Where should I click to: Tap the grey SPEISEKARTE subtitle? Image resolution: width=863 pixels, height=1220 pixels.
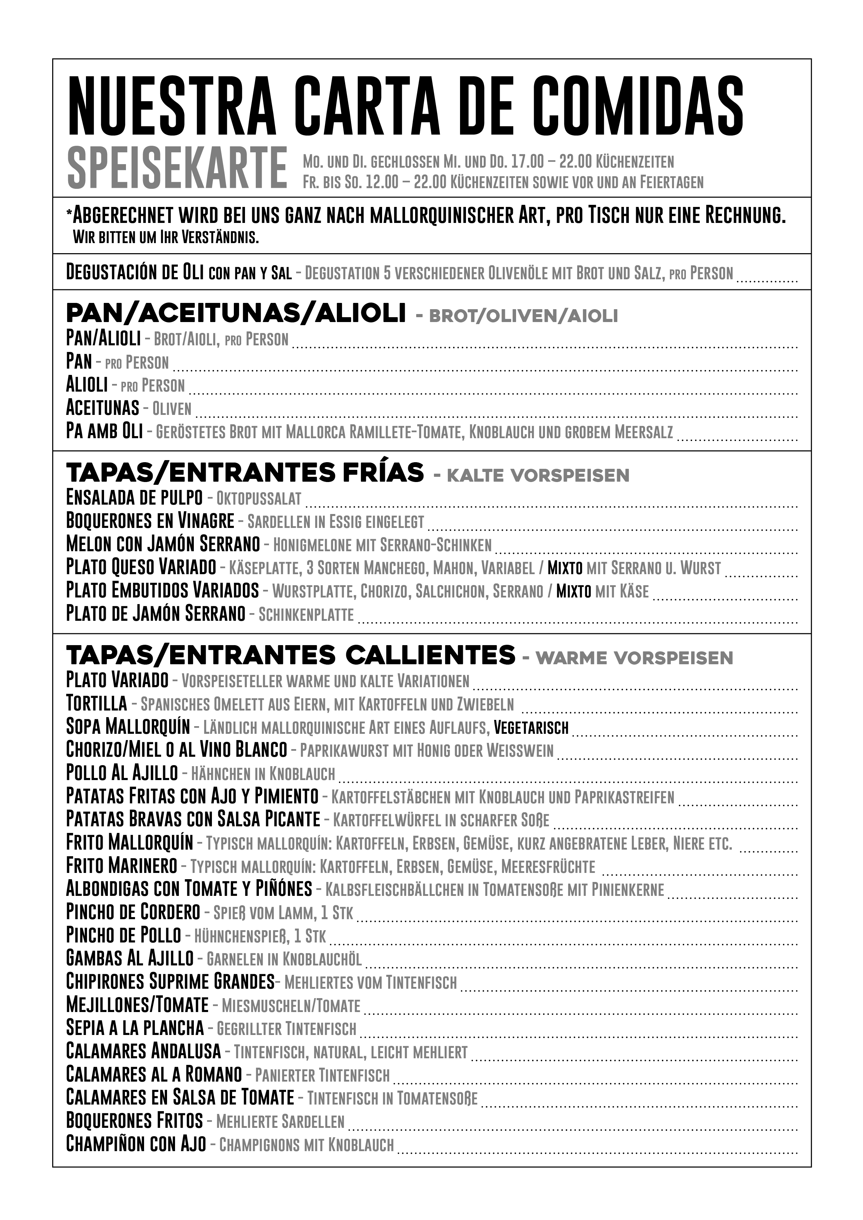pos(177,168)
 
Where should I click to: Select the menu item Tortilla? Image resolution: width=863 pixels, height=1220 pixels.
pos(96,704)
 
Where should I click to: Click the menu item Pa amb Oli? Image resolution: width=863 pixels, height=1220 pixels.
pos(104,431)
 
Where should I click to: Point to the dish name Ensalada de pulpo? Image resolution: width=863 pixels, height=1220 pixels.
pos(134,497)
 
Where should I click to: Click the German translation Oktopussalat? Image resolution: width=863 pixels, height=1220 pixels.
pos(259,498)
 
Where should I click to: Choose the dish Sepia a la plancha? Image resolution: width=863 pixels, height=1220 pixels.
pos(135,1028)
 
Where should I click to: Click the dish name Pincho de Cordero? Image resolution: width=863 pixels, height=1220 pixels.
pos(133,912)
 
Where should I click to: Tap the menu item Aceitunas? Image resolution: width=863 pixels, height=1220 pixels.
pos(102,408)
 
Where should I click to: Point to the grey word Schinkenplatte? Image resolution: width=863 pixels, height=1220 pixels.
pos(306,615)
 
